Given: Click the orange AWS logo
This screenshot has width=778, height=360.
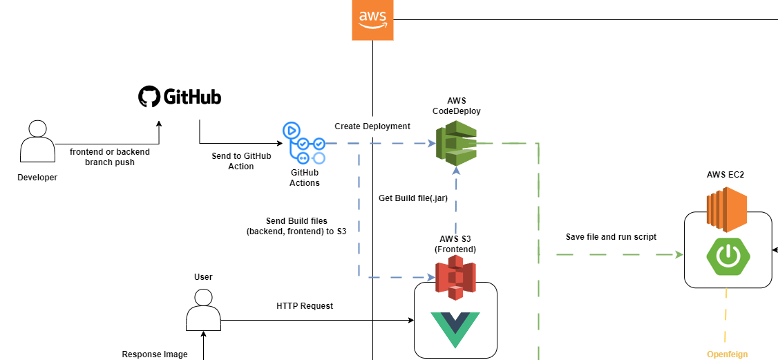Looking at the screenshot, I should click(x=372, y=20).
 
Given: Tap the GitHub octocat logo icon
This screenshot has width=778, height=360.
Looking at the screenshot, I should click(x=149, y=96).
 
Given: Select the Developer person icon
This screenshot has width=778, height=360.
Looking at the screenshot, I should click(x=37, y=142).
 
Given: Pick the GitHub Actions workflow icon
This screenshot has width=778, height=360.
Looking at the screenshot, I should click(x=303, y=144).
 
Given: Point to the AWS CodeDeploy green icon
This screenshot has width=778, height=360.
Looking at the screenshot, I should click(x=456, y=142).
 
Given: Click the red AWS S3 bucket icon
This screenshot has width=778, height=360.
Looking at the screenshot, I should click(x=455, y=277).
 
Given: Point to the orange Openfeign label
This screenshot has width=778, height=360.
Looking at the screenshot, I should click(x=727, y=354).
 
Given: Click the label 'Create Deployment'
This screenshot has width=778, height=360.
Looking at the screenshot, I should click(x=372, y=126).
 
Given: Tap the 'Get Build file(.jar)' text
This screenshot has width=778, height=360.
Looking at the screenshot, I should click(x=413, y=198).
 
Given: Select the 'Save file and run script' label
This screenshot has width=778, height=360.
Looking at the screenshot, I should click(x=611, y=237).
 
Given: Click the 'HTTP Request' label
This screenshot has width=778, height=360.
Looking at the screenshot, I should click(x=305, y=306).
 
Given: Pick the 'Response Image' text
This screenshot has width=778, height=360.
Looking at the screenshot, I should click(x=155, y=354).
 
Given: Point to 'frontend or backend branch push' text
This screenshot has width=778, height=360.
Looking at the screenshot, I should click(x=110, y=157).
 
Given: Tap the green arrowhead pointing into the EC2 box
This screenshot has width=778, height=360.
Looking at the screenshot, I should click(x=679, y=255).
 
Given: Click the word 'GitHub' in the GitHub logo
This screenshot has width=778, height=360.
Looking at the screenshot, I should click(x=192, y=97).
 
